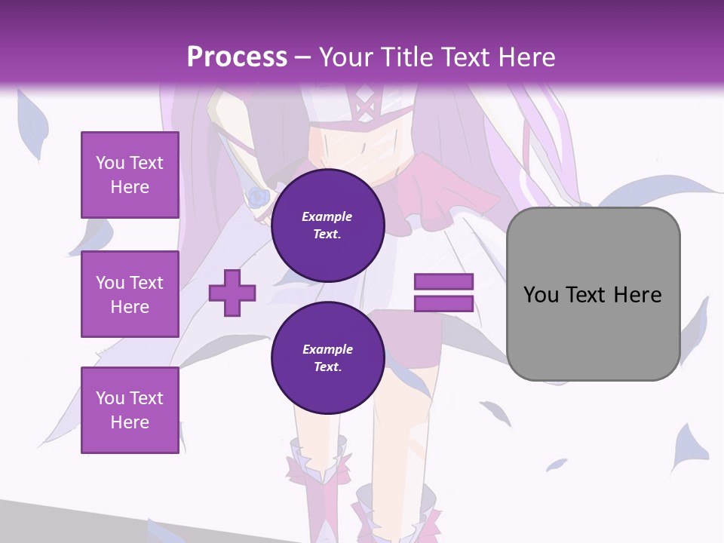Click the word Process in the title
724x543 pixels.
(x=237, y=57)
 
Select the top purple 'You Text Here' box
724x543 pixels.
(x=130, y=175)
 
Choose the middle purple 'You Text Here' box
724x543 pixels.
(x=130, y=294)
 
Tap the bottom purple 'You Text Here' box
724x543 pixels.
(x=130, y=410)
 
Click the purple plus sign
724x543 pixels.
(x=232, y=293)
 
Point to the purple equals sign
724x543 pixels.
(x=443, y=293)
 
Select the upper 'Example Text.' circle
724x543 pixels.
(x=327, y=225)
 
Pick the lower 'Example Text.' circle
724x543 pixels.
(x=327, y=358)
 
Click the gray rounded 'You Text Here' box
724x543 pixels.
(x=593, y=294)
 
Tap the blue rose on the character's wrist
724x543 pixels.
(x=259, y=198)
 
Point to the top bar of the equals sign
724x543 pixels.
(x=443, y=282)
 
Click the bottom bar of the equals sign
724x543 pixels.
(x=443, y=304)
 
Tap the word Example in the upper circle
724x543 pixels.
(x=327, y=217)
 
